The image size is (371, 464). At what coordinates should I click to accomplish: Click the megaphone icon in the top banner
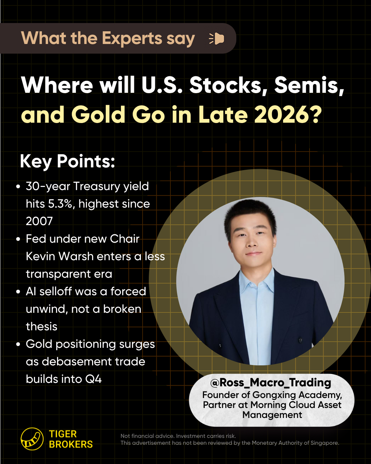point(216,38)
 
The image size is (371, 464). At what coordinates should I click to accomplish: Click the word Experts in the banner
point(132,38)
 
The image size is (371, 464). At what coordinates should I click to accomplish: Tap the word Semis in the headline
point(309,85)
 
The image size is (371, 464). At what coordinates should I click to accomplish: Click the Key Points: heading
point(67,161)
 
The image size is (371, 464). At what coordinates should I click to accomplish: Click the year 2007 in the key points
point(39,221)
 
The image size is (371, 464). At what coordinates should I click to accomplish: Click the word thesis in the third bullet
point(42,327)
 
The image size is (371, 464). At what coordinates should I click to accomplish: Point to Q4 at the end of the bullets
point(93,379)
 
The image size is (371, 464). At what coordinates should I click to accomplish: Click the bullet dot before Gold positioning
point(18,344)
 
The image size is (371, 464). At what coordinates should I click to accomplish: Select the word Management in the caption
point(272,415)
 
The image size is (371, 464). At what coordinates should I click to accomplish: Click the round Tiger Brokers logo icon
point(32,439)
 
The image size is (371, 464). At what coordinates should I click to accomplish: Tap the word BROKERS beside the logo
point(71,444)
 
